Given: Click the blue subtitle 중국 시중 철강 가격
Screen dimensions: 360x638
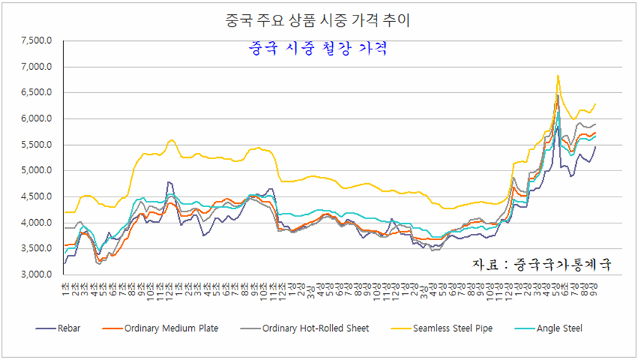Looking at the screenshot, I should coord(319,49).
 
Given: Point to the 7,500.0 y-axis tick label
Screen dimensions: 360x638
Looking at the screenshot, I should coord(36,41).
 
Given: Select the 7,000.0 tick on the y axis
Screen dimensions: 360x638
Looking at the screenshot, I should coord(36,67).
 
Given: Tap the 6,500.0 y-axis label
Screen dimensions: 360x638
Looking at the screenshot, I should coord(36,93).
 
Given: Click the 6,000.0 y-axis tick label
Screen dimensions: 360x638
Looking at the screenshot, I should coord(36,119).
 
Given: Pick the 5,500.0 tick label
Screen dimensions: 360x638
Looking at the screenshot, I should coord(36,145).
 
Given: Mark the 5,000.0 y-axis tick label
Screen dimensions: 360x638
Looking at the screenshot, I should coord(36,171).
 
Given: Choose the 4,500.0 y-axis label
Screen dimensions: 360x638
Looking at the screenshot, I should coord(36,197).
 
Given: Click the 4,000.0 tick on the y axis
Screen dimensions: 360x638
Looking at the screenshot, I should coord(36,223).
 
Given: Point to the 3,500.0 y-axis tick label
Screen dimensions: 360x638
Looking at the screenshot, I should coord(36,249).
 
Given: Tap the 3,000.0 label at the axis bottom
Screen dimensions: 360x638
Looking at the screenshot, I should coord(36,275).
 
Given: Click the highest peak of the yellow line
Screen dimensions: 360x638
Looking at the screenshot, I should coord(558,75).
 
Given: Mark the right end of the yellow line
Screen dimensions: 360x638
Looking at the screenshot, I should coord(596,104).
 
